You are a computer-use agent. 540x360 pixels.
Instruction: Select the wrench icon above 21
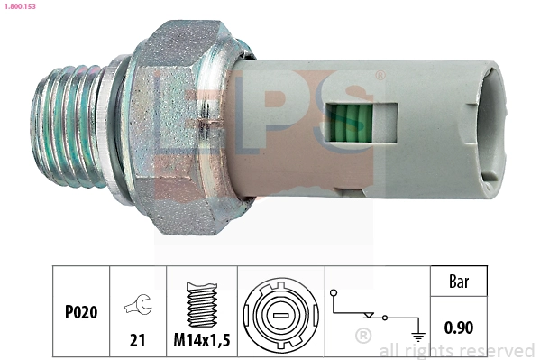tap(138, 309)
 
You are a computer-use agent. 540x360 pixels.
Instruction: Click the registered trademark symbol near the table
tap(362, 337)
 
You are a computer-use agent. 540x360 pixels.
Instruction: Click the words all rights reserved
tap(456, 350)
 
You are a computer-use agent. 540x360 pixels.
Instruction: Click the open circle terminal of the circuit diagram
tap(334, 292)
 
